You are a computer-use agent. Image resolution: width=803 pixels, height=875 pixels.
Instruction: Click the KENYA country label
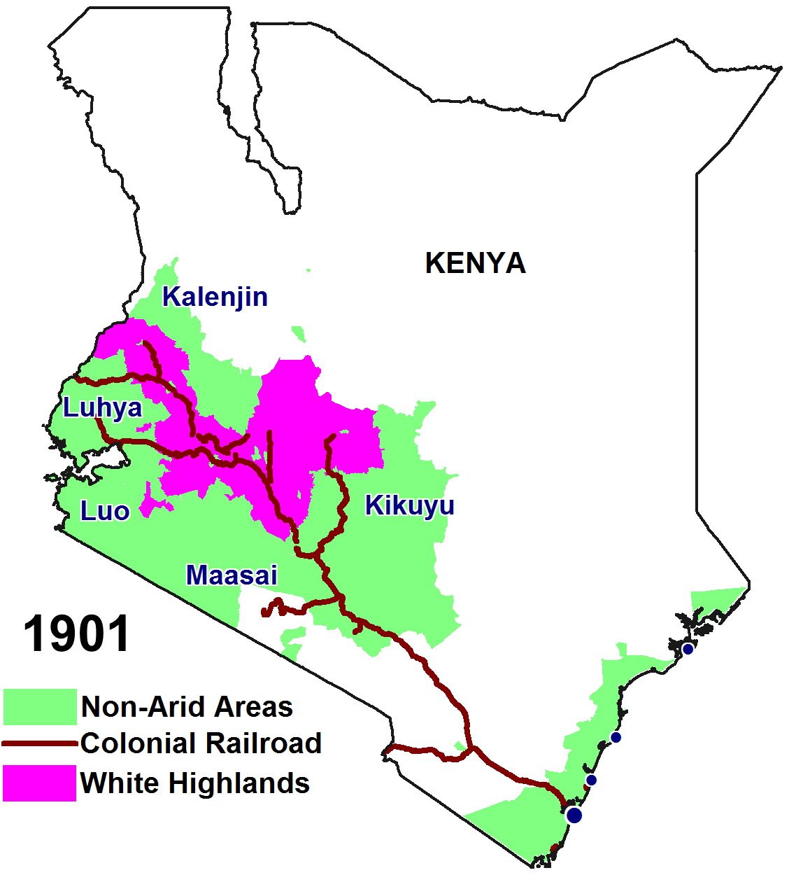pos(475,263)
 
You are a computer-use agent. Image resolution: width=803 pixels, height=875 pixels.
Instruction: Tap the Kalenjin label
pos(215,297)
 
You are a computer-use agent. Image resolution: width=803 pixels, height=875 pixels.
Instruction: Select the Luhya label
pos(102,407)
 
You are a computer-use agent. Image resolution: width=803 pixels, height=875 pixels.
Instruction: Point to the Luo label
pos(105,511)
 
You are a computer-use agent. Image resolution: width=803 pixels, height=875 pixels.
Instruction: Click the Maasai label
pos(232,575)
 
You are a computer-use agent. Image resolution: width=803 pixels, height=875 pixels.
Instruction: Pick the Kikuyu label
pos(409,505)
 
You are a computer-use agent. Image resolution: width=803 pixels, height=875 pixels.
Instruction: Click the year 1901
pos(76,634)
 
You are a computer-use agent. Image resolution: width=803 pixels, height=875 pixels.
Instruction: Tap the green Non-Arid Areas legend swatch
pos(39,706)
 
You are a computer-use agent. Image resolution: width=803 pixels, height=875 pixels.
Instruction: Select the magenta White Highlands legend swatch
pos(39,783)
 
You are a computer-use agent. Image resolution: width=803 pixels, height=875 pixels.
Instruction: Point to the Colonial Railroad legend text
pos(201,743)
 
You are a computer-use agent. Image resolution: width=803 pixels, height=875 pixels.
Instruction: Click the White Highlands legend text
pos(194,783)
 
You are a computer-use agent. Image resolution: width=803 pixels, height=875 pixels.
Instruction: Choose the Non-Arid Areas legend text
pos(187,707)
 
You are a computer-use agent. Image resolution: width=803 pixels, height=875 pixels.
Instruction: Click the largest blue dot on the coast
pos(574,815)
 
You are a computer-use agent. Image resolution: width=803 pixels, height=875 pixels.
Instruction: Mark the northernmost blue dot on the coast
pos(688,649)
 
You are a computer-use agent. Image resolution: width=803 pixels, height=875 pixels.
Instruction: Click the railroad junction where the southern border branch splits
pos(474,749)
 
